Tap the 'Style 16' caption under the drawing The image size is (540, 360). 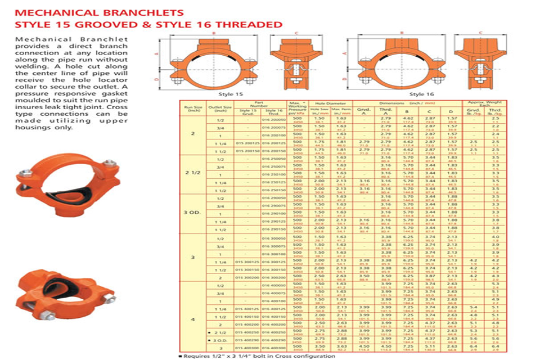pos(417,94)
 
